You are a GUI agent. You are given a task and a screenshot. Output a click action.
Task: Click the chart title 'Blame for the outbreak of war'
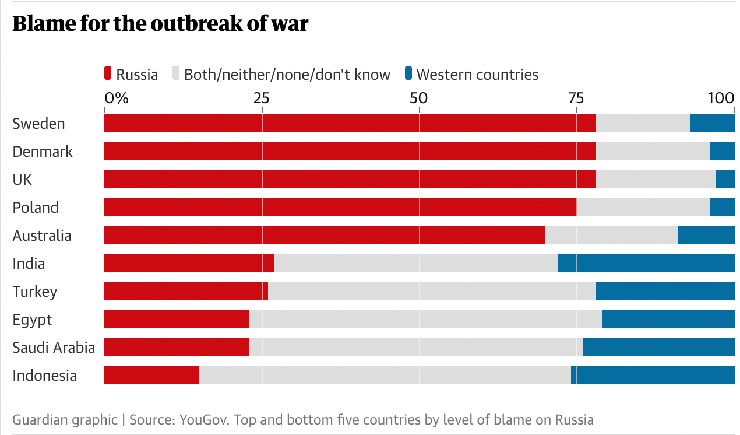coord(160,24)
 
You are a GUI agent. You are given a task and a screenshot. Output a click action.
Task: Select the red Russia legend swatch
coord(108,74)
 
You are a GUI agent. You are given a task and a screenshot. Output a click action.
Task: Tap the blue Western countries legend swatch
coord(408,74)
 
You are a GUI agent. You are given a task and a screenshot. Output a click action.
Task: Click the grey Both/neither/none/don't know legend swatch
coord(176,74)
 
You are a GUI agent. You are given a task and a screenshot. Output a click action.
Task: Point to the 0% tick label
coord(116,97)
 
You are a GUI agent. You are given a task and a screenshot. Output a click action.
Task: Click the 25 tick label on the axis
coord(262,97)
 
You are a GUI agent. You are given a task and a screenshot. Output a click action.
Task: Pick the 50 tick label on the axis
coord(419,97)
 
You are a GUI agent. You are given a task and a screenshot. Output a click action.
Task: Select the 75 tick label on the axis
coord(576,97)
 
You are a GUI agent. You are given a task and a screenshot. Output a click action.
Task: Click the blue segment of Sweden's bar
coord(712,123)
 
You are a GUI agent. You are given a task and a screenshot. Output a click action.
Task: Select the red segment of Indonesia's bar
coord(151,375)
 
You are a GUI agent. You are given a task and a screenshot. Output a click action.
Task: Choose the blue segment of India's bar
coord(646,263)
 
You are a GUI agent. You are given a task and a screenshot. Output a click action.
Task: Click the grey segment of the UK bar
coord(656,179)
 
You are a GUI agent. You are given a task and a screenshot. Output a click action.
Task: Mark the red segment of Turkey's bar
coord(186,291)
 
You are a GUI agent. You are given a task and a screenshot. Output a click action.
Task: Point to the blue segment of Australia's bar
coord(706,235)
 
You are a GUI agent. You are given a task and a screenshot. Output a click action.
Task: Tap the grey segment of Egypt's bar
coord(425,319)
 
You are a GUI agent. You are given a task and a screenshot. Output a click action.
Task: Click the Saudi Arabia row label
coord(54,348)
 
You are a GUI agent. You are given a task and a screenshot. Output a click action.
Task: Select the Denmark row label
coord(43,152)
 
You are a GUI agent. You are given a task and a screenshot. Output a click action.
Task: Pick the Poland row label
coord(36,208)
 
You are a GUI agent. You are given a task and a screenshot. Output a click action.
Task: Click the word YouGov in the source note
coord(200,420)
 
